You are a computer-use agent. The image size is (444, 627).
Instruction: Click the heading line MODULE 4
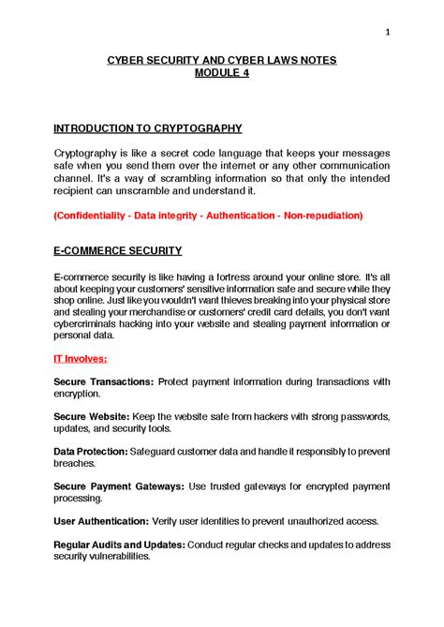[222, 73]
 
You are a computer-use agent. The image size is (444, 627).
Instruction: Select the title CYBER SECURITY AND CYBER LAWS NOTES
[222, 60]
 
